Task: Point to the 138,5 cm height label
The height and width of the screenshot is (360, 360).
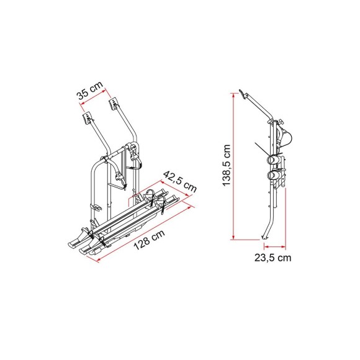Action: [x=227, y=165]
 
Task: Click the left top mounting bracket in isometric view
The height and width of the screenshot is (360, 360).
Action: [x=88, y=116]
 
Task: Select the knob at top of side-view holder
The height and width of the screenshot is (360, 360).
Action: [x=280, y=124]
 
